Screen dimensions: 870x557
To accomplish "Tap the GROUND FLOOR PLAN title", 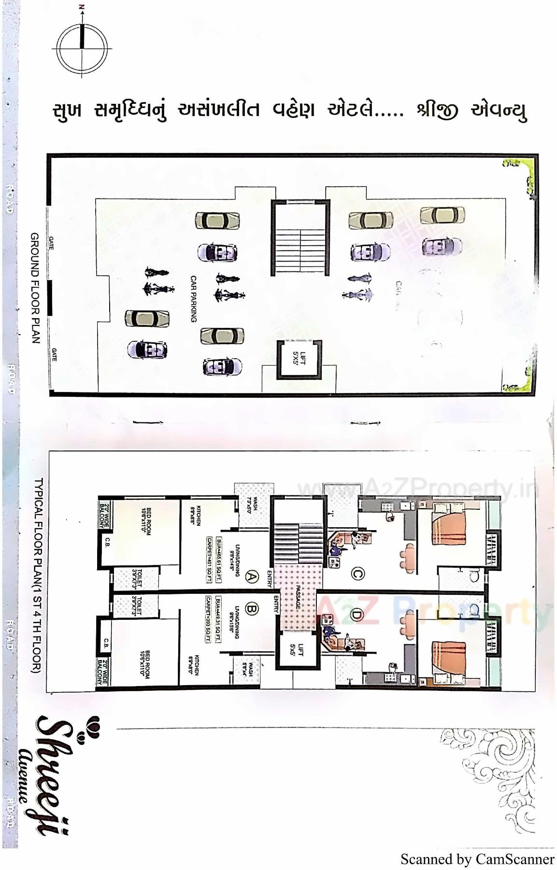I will pyautogui.click(x=35, y=288).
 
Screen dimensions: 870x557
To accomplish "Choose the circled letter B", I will pyautogui.click(x=252, y=608).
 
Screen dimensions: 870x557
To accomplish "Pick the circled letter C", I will pyautogui.click(x=357, y=574).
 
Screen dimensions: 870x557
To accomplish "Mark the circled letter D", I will pyautogui.click(x=357, y=615).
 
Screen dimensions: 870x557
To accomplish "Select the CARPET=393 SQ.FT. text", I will pyautogui.click(x=208, y=619).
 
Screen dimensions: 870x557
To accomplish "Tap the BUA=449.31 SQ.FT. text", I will pyautogui.click(x=219, y=619).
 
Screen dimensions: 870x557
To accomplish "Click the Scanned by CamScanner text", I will pyautogui.click(x=477, y=859).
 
